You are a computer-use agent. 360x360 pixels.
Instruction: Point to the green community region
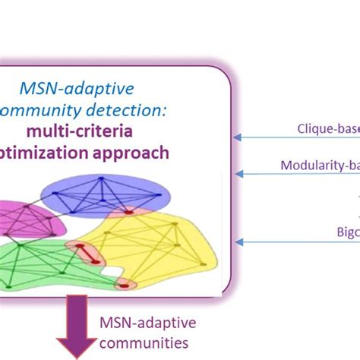[x=38, y=258]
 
